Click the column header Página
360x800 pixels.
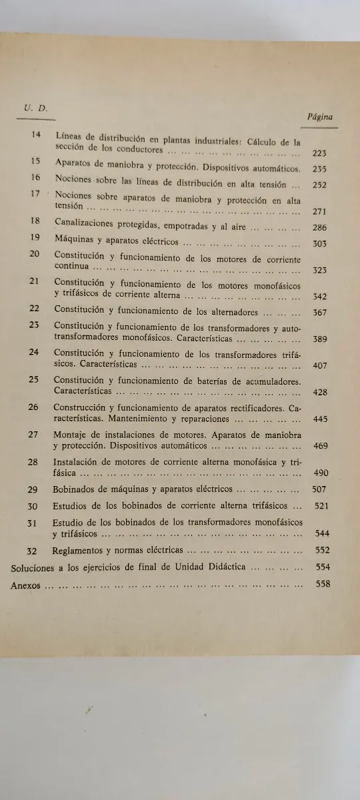(321, 116)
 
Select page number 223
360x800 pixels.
(319, 153)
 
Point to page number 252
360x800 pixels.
(319, 185)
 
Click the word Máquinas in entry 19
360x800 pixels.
(74, 242)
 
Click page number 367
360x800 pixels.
(320, 313)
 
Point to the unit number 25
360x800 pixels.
(34, 379)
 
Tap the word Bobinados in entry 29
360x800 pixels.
(76, 489)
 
